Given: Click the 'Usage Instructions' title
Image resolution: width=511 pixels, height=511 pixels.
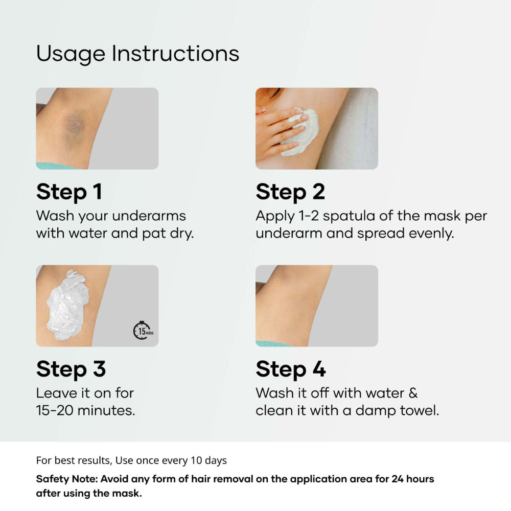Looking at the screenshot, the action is [137, 54].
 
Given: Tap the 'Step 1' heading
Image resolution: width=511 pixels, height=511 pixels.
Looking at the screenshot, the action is [69, 192].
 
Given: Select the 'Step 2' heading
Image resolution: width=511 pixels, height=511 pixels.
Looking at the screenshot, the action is [290, 192].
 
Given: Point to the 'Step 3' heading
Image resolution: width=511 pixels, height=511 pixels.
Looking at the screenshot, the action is [71, 369].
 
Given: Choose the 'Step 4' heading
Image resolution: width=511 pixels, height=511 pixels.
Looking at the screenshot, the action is [291, 369].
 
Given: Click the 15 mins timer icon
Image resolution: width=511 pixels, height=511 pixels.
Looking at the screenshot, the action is [143, 331].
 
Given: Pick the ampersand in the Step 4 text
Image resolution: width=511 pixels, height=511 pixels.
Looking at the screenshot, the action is [413, 392].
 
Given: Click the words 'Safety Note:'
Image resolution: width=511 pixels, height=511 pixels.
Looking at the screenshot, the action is [67, 479].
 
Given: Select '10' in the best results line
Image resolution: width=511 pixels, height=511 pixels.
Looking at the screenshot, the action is [196, 460].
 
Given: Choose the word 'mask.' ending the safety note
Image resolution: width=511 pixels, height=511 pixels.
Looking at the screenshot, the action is [127, 494].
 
